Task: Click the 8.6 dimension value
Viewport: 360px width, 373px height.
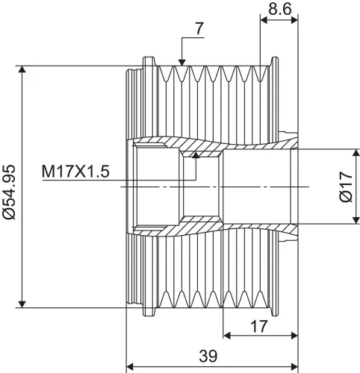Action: click(279, 10)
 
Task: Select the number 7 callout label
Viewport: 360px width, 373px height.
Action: click(199, 28)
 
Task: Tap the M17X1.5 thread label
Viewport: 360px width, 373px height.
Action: click(75, 172)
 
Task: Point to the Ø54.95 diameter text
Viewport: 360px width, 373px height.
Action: click(10, 192)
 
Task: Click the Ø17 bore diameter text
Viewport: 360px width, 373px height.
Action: click(346, 186)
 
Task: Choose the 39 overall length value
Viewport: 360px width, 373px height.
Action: click(208, 356)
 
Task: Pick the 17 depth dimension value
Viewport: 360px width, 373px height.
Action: click(259, 326)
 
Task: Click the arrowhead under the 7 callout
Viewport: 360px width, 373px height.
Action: click(182, 63)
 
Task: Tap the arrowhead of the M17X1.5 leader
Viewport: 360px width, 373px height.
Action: click(196, 155)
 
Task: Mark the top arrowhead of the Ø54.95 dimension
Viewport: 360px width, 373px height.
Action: click(22, 69)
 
